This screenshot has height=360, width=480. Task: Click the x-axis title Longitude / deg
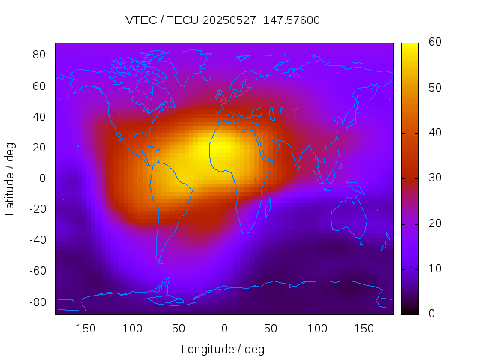point(223,349)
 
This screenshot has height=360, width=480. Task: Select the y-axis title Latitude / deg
point(10,178)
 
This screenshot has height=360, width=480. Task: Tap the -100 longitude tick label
point(130,328)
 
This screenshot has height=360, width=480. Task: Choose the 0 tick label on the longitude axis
point(223,328)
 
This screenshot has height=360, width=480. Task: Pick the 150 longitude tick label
point(364,328)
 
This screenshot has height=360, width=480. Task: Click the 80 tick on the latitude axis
point(40,55)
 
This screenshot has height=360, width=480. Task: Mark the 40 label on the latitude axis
point(40,116)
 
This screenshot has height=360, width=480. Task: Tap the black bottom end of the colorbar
point(409,310)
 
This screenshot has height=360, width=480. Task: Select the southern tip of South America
point(160,262)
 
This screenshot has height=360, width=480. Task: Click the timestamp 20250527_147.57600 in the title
point(268,20)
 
